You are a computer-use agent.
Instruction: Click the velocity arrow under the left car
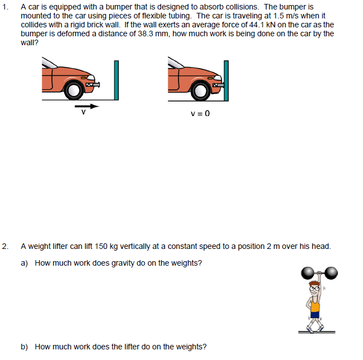click(x=86, y=104)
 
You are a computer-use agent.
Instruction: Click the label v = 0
click(x=200, y=114)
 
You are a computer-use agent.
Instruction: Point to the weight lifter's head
click(x=316, y=288)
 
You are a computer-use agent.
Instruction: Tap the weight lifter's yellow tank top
click(x=315, y=305)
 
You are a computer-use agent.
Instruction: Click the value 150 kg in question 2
click(x=105, y=246)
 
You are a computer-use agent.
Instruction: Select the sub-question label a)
click(x=25, y=263)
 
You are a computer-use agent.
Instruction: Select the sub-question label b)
click(x=25, y=347)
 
